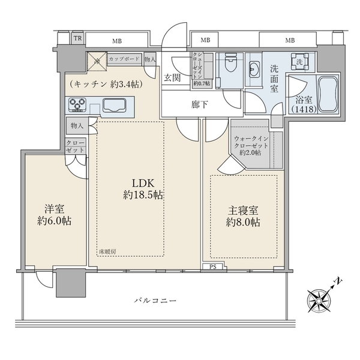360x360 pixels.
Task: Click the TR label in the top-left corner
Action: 77,39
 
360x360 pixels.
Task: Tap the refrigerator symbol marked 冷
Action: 96,61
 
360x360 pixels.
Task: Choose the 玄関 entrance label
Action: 174,77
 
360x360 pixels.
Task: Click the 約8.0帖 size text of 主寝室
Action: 244,223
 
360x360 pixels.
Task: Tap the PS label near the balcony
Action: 213,267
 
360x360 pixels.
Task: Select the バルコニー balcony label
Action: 152,300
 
